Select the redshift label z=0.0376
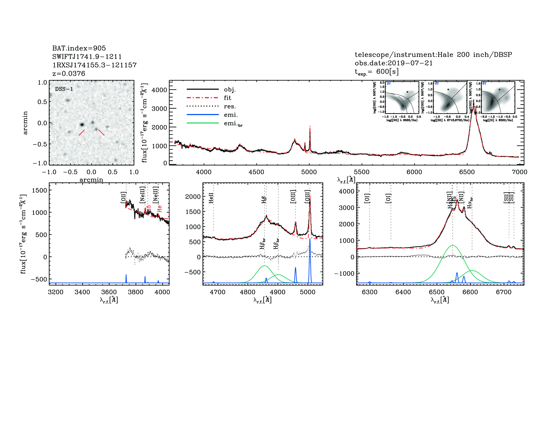click(x=69, y=74)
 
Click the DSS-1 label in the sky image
click(x=64, y=89)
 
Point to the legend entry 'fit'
click(x=227, y=98)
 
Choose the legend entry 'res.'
click(x=230, y=106)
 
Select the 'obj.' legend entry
click(x=229, y=89)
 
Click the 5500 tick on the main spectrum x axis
click(x=361, y=172)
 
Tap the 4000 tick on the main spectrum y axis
click(x=159, y=90)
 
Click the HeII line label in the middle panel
click(x=211, y=198)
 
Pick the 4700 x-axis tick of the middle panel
click(x=217, y=292)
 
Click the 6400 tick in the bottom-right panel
click(x=403, y=292)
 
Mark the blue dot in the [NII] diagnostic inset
click(x=407, y=92)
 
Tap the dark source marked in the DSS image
click(x=82, y=125)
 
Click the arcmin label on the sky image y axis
click(x=25, y=123)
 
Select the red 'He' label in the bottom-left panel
click(x=159, y=209)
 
